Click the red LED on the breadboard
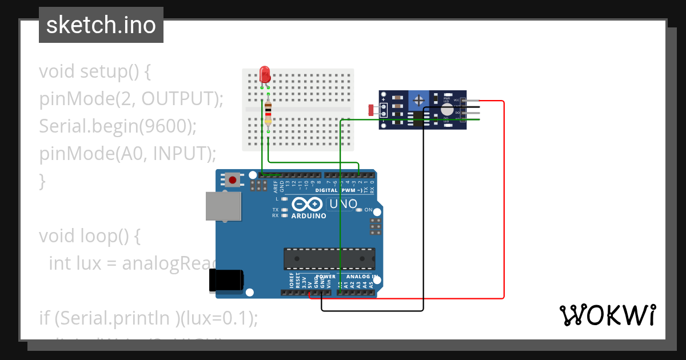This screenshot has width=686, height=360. tap(264, 74)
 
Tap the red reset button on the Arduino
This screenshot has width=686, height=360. tap(233, 180)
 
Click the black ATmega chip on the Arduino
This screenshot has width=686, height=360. tap(329, 258)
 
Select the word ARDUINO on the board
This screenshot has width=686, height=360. tap(309, 216)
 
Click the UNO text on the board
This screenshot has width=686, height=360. tap(342, 204)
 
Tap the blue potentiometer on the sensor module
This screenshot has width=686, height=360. tap(419, 100)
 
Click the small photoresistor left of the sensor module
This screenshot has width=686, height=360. tap(371, 109)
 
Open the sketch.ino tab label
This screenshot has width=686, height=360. tap(101, 25)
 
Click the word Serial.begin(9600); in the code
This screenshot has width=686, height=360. tap(118, 126)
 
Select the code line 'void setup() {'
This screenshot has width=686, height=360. tap(95, 71)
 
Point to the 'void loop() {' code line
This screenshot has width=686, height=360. tap(89, 235)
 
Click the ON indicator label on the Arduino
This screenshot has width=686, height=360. tap(368, 210)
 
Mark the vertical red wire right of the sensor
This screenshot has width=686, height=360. tap(504, 200)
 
